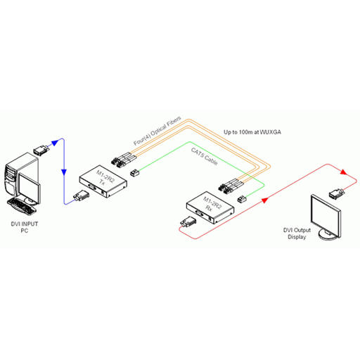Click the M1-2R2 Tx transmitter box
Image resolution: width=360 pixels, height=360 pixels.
tap(103, 181)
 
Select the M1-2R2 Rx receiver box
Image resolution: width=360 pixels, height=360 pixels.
tap(210, 207)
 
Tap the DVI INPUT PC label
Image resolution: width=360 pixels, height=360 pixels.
tap(25, 227)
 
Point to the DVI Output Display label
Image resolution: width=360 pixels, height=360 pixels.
tap(297, 233)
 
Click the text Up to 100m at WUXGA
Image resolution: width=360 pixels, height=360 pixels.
tap(252, 132)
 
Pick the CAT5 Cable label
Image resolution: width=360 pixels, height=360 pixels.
tap(204, 156)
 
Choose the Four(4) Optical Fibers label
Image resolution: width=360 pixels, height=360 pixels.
tap(157, 131)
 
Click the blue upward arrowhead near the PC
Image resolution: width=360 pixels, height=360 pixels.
tap(55, 143)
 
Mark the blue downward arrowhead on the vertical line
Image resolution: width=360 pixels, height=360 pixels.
tap(64, 172)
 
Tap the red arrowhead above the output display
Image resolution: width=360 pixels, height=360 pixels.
tap(343, 172)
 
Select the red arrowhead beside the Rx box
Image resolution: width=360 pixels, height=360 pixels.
tap(264, 200)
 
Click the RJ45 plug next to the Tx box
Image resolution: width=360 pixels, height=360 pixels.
tap(135, 173)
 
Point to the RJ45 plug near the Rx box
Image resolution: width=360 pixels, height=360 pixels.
tap(242, 199)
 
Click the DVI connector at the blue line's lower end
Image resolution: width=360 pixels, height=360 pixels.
tap(81, 195)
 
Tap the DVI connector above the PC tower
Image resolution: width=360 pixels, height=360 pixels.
tap(41, 150)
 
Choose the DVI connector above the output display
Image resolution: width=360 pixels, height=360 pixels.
tap(337, 194)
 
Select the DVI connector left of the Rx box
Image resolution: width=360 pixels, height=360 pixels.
tap(188, 221)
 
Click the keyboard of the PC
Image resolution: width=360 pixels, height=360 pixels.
tap(22, 206)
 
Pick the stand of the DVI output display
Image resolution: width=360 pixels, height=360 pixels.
tap(328, 235)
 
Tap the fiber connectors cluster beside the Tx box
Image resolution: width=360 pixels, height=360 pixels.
tap(124, 160)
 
